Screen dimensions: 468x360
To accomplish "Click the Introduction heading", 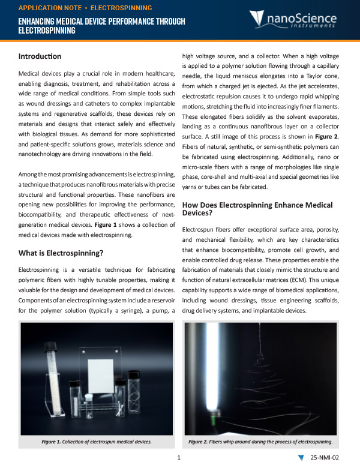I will pyautogui.click(x=40, y=56).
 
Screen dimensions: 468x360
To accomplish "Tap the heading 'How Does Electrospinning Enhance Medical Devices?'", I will pyautogui.click(x=258, y=209).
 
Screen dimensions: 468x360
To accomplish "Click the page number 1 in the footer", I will pyautogui.click(x=179, y=458).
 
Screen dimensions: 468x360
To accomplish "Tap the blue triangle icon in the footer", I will pyautogui.click(x=301, y=458).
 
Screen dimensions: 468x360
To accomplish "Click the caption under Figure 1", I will pyautogui.click(x=96, y=442).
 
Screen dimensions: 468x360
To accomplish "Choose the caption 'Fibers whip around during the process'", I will pyautogui.click(x=260, y=442).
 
